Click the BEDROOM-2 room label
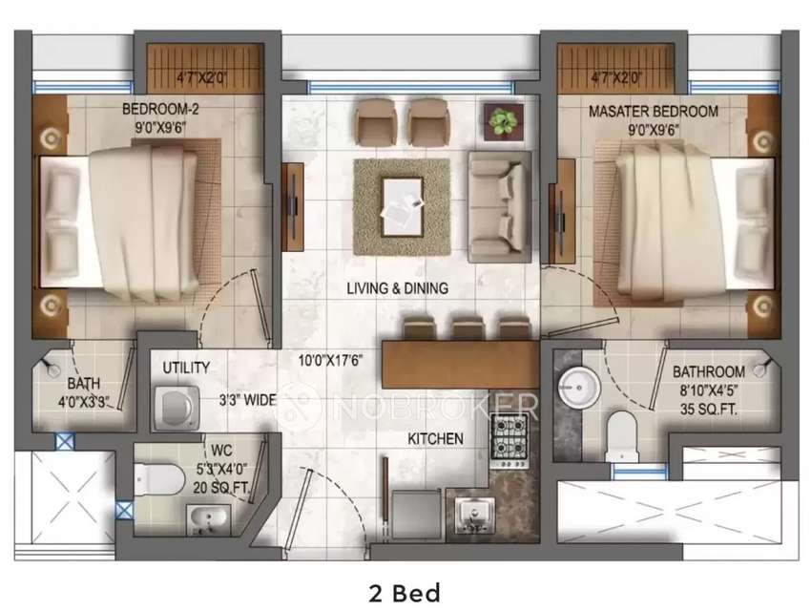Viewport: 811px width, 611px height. [159, 111]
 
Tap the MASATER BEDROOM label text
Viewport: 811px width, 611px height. [653, 112]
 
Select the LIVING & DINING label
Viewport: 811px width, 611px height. [397, 287]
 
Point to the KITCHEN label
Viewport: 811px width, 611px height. [435, 439]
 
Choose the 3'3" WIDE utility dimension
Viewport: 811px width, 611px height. [247, 400]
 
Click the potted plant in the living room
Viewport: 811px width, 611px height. [501, 120]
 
